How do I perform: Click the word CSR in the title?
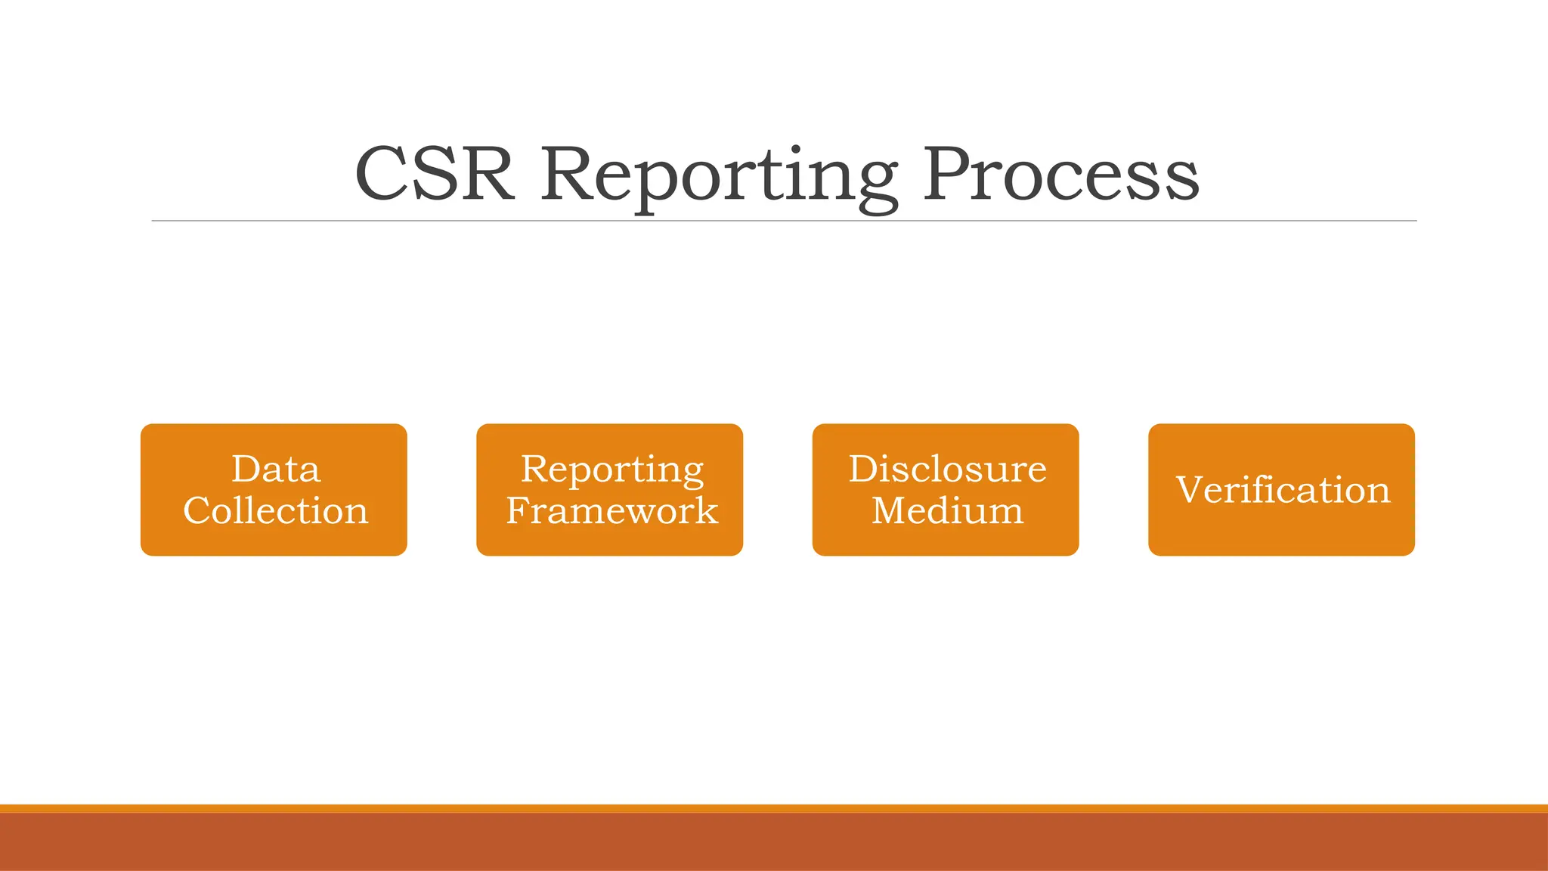pos(435,175)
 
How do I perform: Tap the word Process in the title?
pos(1060,175)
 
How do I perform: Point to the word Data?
pos(276,469)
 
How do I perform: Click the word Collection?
pos(276,510)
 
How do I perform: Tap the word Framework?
pos(612,510)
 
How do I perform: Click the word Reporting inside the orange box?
pos(612,470)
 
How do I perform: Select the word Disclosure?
pos(947,469)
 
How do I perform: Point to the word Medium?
pos(947,510)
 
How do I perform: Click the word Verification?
pos(1283,490)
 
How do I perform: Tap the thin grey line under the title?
pos(784,221)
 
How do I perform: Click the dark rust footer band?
pos(774,842)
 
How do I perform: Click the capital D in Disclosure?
pos(862,469)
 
